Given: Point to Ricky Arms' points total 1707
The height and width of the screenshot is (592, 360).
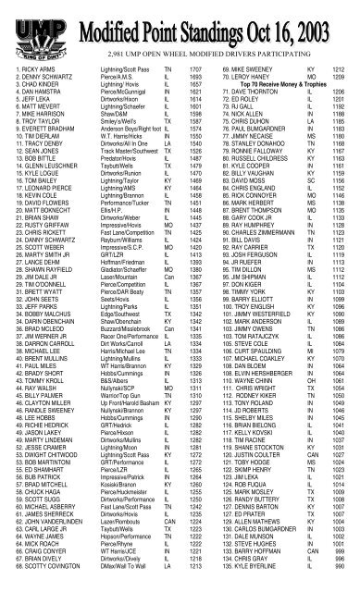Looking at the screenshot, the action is (170, 70).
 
